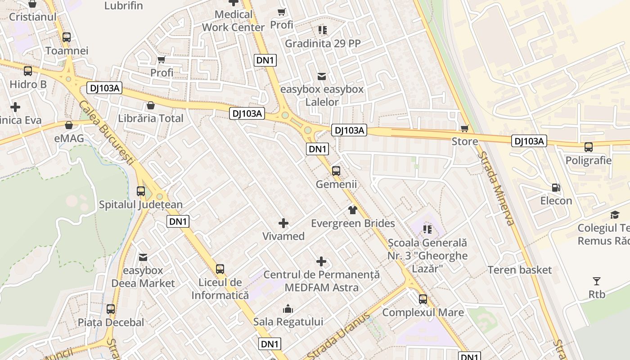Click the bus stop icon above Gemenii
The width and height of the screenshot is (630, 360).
[336, 171]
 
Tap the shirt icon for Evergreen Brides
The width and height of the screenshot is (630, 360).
[352, 210]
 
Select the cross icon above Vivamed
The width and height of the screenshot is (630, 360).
[283, 223]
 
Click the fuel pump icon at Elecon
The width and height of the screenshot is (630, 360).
[556, 188]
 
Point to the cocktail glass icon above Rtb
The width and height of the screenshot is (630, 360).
[597, 281]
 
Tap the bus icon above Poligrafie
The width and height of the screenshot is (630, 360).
[589, 147]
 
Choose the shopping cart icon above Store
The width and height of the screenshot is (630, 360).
[465, 128]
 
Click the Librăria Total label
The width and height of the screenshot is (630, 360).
[151, 118]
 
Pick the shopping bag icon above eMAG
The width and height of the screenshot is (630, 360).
[69, 125]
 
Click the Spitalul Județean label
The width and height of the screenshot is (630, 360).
[141, 205]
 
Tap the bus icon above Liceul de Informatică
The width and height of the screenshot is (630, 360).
[220, 269]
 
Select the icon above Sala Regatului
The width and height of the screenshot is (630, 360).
[288, 309]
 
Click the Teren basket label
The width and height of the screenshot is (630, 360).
[520, 270]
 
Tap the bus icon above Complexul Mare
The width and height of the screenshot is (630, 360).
[423, 299]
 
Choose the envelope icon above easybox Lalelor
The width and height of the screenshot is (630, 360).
[322, 76]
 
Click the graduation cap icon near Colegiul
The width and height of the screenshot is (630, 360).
[615, 215]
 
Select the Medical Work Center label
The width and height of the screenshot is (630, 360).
[233, 21]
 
